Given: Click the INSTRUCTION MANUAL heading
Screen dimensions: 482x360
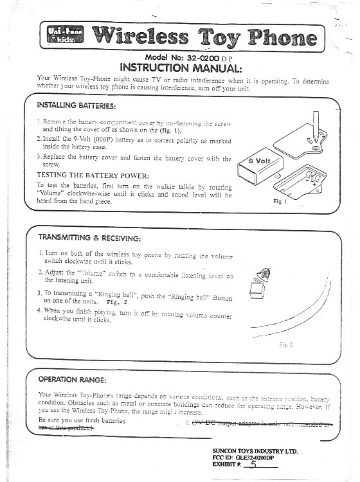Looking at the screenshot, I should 181,67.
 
